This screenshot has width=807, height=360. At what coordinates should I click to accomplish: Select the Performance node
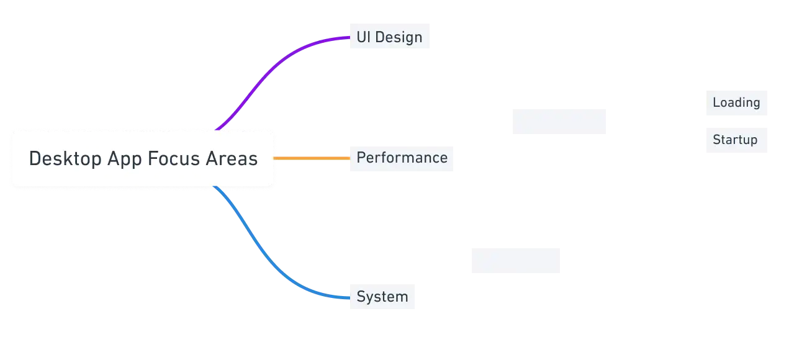pyautogui.click(x=402, y=158)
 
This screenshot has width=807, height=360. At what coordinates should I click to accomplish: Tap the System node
pyautogui.click(x=382, y=297)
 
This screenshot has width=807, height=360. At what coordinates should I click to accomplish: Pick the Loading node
pyautogui.click(x=737, y=104)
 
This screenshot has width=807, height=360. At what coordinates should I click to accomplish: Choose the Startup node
pyautogui.click(x=737, y=139)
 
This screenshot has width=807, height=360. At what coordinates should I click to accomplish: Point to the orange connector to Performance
pyautogui.click(x=310, y=159)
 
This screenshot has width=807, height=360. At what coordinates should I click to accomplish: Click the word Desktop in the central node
pyautogui.click(x=65, y=159)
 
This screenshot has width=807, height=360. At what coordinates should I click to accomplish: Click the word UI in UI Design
pyautogui.click(x=363, y=37)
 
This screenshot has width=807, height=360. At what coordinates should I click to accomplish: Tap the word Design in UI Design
pyautogui.click(x=398, y=37)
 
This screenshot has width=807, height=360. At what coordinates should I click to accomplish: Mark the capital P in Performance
pyautogui.click(x=360, y=158)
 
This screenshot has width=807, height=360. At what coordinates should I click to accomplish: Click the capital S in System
pyautogui.click(x=360, y=297)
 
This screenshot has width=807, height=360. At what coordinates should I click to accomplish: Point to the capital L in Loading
pyautogui.click(x=716, y=103)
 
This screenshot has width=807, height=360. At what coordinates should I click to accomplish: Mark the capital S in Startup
pyautogui.click(x=716, y=140)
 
